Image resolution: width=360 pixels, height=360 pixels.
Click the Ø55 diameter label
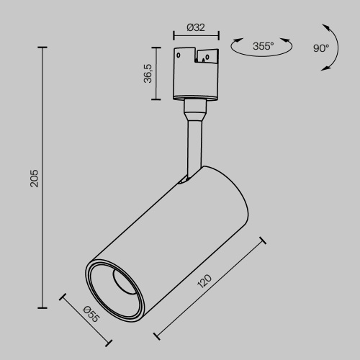coord(91,314)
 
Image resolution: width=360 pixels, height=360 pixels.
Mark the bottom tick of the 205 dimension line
coord(44,307)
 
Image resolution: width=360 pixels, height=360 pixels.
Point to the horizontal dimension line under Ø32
coord(196,36)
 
